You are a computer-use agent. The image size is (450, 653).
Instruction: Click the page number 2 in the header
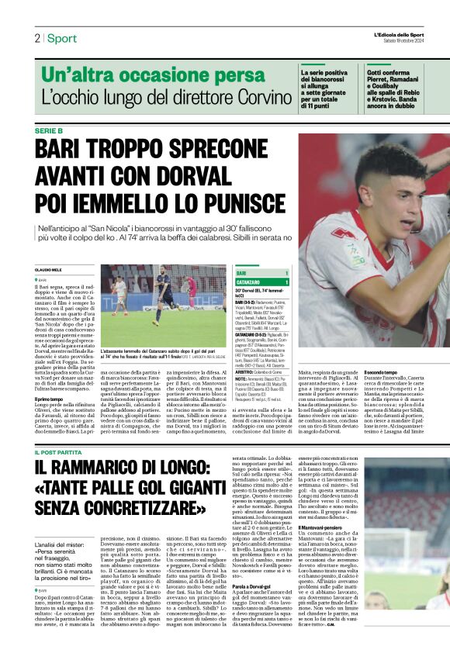click(x=36, y=38)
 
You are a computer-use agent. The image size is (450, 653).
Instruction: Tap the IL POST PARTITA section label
click(x=63, y=453)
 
